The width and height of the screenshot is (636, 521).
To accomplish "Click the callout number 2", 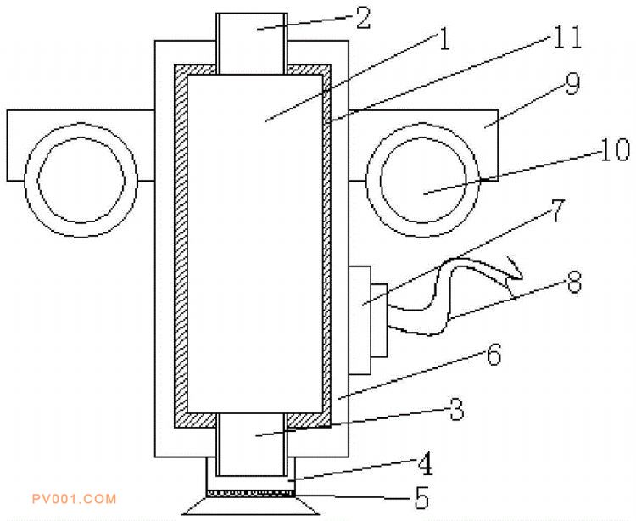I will click(x=363, y=20).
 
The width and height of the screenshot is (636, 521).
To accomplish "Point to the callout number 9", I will click(x=572, y=85).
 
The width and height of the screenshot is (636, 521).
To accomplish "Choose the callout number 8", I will click(x=574, y=282).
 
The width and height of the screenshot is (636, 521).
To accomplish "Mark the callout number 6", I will click(x=493, y=354).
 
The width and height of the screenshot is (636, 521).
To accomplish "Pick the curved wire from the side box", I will click(x=441, y=297).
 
